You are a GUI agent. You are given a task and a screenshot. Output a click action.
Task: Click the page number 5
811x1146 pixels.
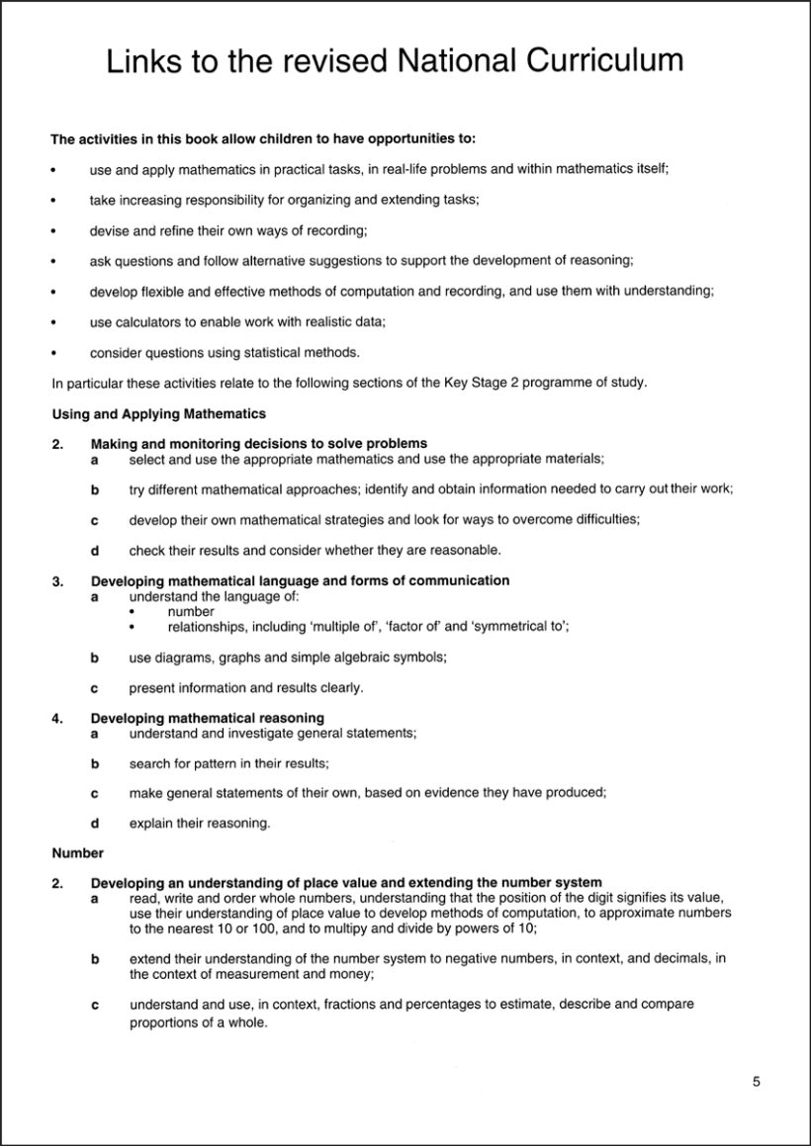(x=756, y=1081)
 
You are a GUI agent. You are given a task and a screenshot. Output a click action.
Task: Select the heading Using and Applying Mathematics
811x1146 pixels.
(x=158, y=413)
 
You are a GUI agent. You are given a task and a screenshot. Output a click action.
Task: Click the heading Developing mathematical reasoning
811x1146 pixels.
(x=208, y=717)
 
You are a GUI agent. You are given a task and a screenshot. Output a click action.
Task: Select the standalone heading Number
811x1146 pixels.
(x=77, y=851)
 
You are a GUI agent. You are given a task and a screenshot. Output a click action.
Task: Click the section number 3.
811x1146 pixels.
(x=57, y=580)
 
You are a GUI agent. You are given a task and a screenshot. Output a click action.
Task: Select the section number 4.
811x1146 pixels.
(x=57, y=717)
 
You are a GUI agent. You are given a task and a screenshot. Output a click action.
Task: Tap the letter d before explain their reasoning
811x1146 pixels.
(x=95, y=823)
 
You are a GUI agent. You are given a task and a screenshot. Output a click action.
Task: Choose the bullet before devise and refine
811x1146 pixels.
(x=53, y=230)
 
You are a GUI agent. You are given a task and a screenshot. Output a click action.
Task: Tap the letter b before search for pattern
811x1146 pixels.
(x=95, y=763)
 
